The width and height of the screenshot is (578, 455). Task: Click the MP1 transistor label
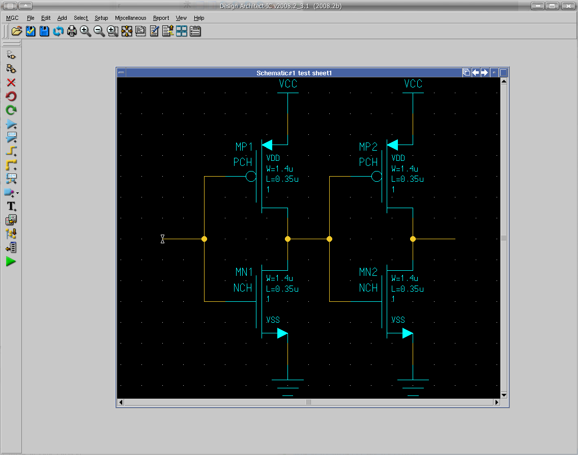point(244,147)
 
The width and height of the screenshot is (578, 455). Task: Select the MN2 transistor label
point(368,272)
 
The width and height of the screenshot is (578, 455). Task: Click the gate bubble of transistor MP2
point(377,177)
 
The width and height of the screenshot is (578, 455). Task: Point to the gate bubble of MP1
point(251,177)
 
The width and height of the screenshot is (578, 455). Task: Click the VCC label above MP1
point(288,83)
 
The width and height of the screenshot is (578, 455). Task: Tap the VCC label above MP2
point(413,83)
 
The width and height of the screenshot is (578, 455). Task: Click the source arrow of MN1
point(282,333)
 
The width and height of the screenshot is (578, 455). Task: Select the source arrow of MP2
point(393,145)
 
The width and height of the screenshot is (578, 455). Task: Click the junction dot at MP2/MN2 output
point(413,239)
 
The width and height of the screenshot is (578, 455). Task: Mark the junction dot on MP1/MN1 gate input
point(204,239)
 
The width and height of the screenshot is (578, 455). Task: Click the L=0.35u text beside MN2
point(408,289)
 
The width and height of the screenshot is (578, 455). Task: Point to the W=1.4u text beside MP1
point(279,169)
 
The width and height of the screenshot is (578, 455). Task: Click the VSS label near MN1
point(273,320)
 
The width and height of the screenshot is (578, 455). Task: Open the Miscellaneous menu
point(130,18)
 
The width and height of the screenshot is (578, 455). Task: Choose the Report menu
point(161,18)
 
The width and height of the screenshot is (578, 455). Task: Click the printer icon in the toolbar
point(72,31)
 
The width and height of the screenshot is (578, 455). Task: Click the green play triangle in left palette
point(11,262)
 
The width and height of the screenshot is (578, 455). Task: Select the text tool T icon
point(11,206)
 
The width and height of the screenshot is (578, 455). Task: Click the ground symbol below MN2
point(413,387)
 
